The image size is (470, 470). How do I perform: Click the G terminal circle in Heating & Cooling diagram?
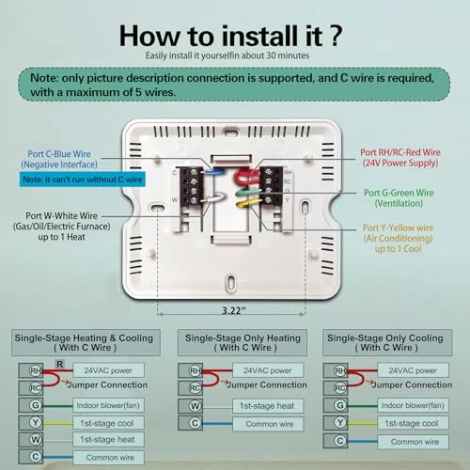coord(35,405)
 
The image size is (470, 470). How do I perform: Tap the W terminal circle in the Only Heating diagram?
coord(193,405)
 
